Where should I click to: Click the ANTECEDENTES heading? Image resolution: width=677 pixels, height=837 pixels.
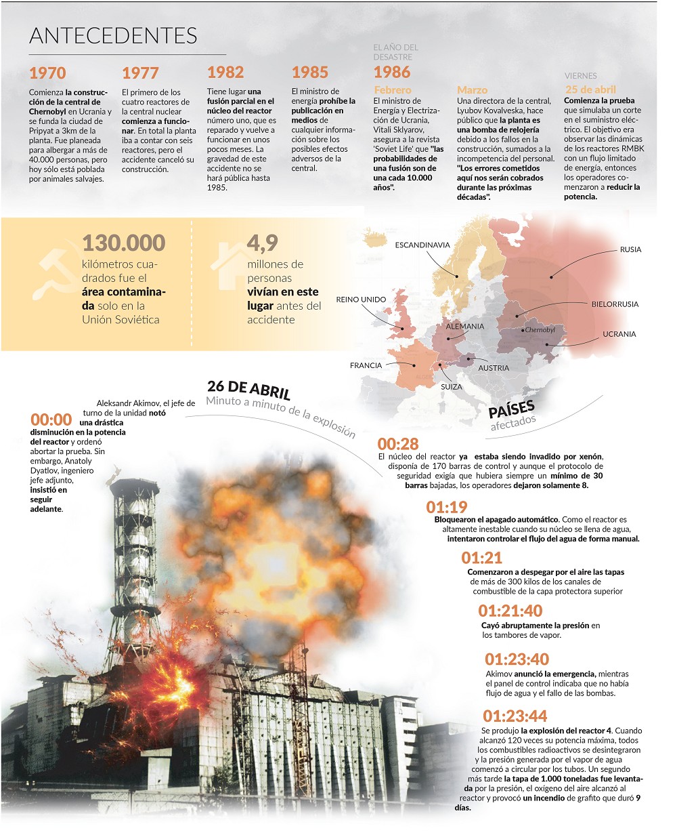pos(113,36)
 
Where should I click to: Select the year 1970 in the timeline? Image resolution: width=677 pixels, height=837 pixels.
pos(47,73)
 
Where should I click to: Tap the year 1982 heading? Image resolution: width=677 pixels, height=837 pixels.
pos(225,73)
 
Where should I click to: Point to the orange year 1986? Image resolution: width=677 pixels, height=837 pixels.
pos(392,72)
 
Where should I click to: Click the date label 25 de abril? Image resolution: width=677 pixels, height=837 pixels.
pos(590,89)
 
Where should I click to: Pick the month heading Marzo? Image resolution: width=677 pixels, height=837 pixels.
pos(472,89)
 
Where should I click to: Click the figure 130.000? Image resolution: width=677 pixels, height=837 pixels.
pos(124,243)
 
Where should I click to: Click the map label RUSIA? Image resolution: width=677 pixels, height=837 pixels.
pos(630,249)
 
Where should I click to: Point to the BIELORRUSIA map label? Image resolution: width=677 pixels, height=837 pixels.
pos(615,304)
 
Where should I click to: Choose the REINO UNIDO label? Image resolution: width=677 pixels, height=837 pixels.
pos(361,300)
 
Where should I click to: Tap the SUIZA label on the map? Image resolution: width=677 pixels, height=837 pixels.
pos(452,387)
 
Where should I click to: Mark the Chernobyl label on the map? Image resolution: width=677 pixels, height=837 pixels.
pos(540,330)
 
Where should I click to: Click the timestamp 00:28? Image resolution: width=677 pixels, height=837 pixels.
pos(398,444)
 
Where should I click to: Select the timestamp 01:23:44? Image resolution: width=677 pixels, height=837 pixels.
pos(515,716)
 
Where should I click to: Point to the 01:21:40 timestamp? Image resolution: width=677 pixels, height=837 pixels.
pos(510,611)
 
